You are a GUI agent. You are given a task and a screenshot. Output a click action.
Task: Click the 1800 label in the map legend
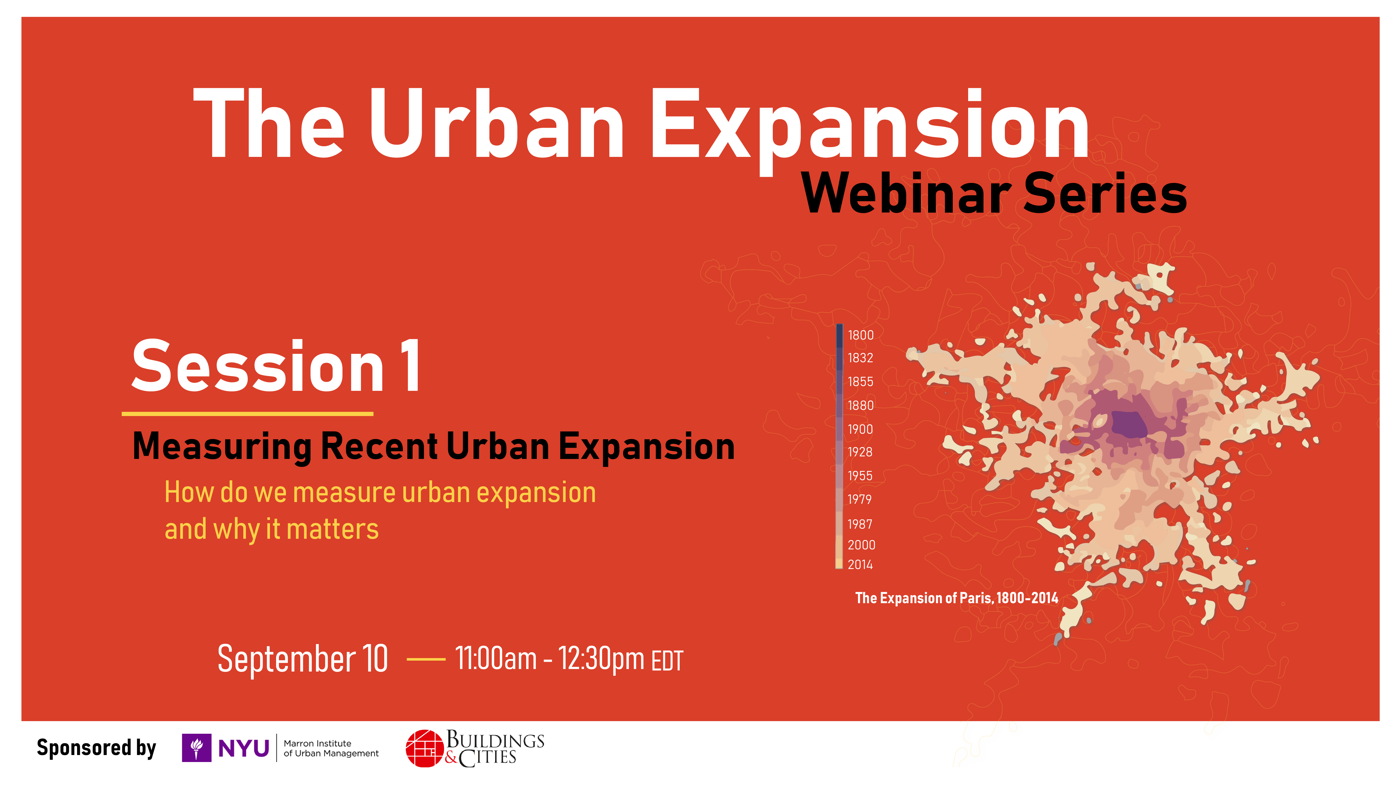pos(861,335)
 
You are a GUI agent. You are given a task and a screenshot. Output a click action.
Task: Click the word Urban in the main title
pos(497,124)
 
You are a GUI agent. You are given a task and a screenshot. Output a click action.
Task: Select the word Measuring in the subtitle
pos(222,447)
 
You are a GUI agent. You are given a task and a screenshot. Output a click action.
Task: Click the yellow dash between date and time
pos(426,659)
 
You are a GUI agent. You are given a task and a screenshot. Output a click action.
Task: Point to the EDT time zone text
pos(667,661)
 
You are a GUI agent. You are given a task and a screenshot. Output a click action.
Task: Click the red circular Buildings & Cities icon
pos(425,749)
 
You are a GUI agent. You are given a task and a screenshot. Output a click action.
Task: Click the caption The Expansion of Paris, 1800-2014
pos(957,598)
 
